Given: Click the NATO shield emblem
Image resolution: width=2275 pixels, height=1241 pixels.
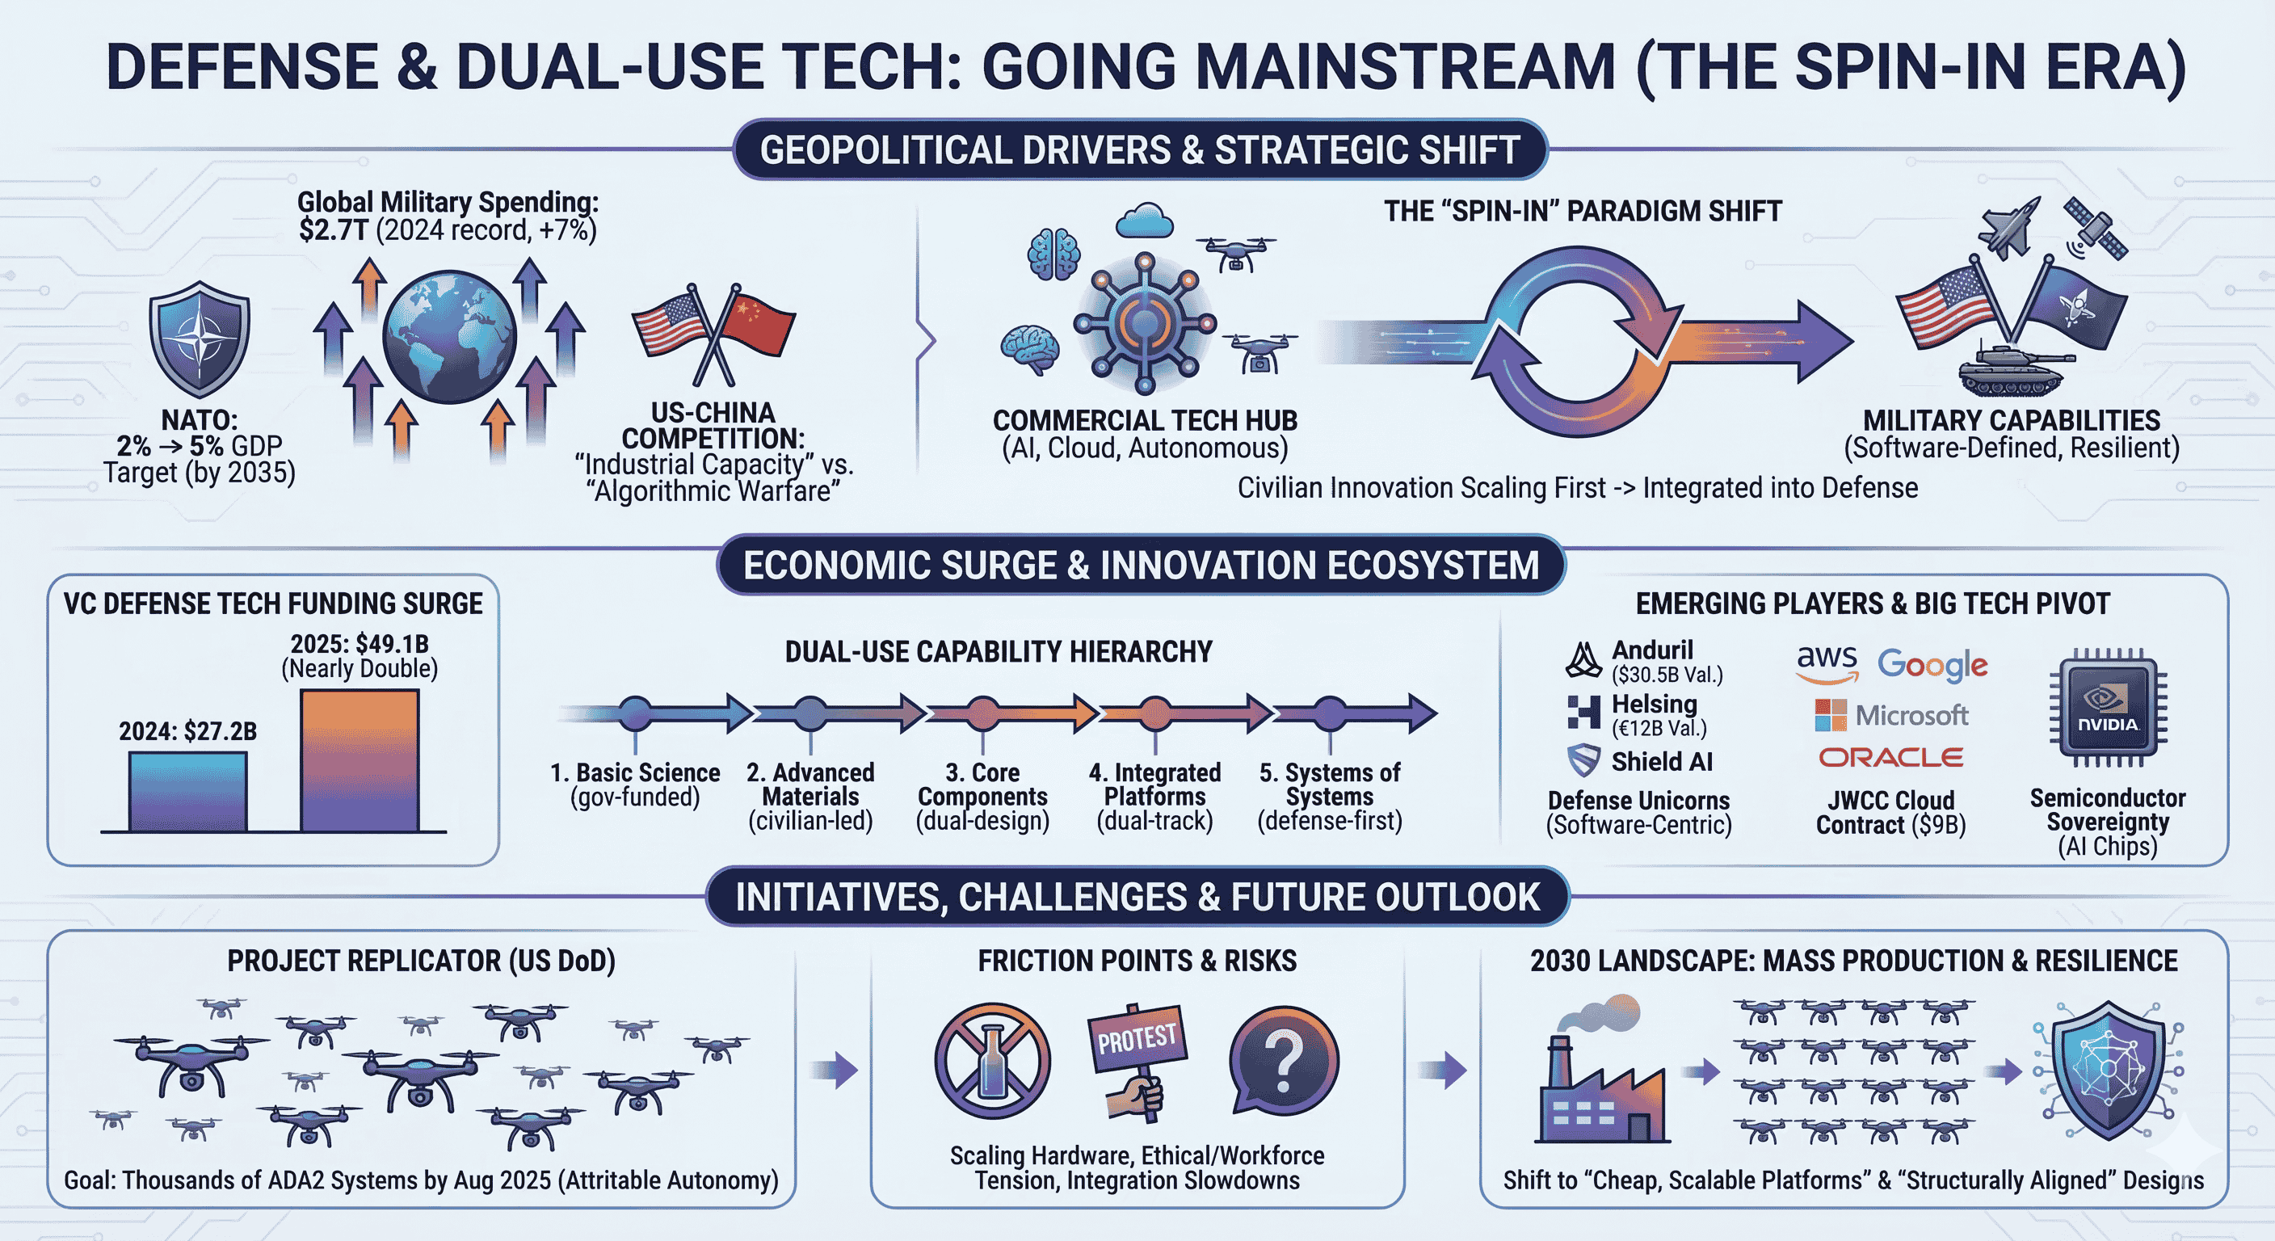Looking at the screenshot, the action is click(x=200, y=339).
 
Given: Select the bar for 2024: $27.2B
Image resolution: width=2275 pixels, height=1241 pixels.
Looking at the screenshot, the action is click(x=188, y=792).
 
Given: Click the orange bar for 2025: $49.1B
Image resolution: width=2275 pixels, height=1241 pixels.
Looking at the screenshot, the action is click(x=360, y=760).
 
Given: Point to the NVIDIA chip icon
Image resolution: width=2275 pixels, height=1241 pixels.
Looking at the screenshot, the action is click(x=2107, y=708).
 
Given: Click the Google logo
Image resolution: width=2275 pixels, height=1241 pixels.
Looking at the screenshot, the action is click(x=1932, y=665).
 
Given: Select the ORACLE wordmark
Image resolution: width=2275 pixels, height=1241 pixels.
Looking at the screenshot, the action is click(x=1890, y=758).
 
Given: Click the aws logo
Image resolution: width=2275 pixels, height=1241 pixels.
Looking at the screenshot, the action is click(x=1827, y=663).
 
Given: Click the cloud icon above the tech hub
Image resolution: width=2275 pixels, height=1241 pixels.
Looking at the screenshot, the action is click(x=1144, y=221).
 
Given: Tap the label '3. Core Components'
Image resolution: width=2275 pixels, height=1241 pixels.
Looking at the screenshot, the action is click(x=982, y=785).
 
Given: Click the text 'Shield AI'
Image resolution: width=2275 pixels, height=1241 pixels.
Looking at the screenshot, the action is click(x=1661, y=761).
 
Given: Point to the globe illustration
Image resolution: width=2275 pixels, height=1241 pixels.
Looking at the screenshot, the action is click(x=449, y=337).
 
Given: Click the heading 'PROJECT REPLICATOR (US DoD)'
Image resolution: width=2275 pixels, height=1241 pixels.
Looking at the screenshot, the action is click(x=421, y=961).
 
